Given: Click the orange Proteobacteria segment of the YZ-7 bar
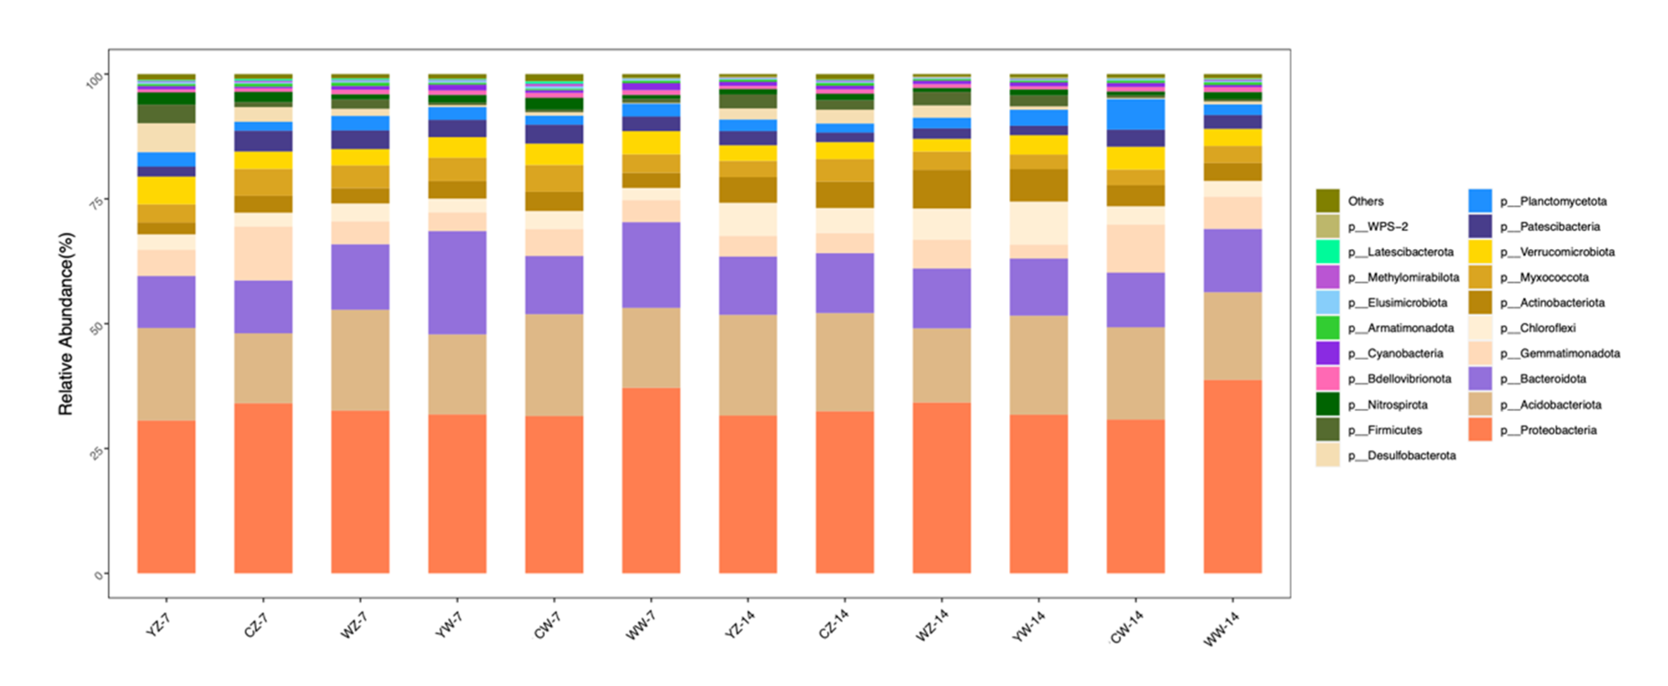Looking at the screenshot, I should (x=166, y=497).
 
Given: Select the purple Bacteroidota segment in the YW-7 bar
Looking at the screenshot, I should (x=457, y=282).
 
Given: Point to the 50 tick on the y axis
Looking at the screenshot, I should (x=96, y=328).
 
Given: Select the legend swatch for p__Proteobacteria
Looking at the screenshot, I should (x=1480, y=430).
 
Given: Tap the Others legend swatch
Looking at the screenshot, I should (x=1327, y=201).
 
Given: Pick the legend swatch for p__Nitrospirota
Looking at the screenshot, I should (x=1327, y=404).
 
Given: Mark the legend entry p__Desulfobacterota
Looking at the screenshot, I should (x=1401, y=455).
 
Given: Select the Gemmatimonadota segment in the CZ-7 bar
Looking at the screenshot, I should (x=263, y=253).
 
